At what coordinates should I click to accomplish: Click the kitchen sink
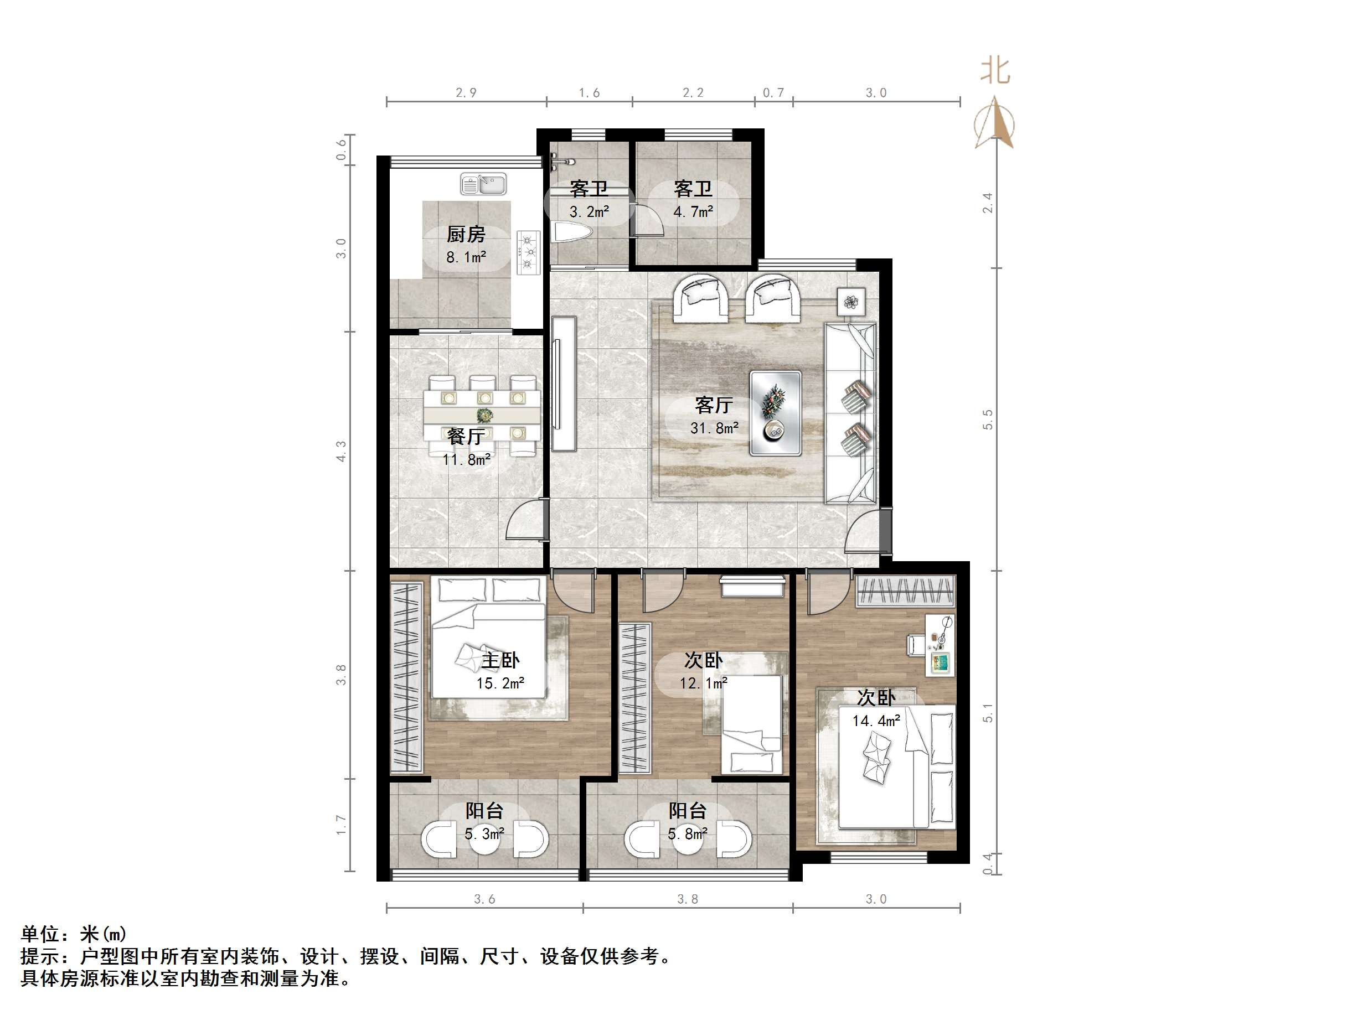point(484,184)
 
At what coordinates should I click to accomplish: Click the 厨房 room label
point(466,235)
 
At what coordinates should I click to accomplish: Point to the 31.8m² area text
point(714,428)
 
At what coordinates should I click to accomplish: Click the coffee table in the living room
point(775,413)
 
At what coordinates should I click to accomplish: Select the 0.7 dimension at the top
point(773,93)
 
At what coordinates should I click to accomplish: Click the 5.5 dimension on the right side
point(988,419)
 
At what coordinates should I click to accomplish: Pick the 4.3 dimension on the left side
point(341,451)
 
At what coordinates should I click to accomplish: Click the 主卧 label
point(500,660)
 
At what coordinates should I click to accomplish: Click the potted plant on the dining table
point(485,415)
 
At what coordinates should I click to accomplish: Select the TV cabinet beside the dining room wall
point(563,384)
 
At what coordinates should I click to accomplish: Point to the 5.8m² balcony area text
point(688,833)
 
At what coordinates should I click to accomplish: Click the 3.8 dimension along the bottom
point(688,899)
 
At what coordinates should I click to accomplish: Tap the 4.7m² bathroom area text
point(693,212)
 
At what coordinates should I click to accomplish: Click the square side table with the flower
point(851,301)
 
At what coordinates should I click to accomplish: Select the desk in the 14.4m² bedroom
point(940,645)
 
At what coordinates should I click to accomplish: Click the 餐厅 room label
point(466,436)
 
